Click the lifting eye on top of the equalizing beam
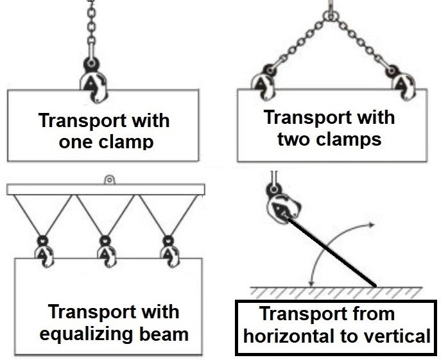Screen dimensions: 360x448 (110, 180)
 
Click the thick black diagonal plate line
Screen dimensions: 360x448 (334, 250)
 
